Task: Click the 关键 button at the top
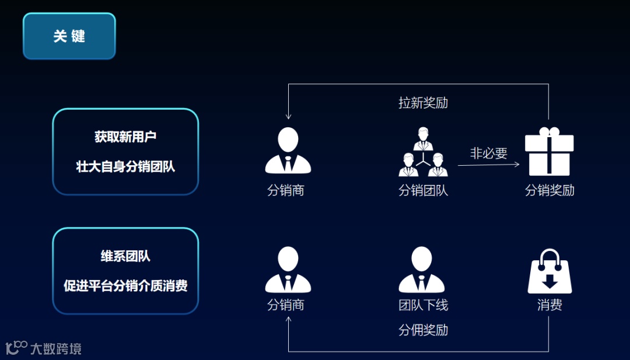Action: [69, 36]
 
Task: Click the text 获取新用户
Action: [125, 137]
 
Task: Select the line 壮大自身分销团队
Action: [125, 166]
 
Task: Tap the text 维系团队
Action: [125, 256]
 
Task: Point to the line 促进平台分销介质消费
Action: [125, 286]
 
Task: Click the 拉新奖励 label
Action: [423, 103]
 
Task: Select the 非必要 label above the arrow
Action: [489, 153]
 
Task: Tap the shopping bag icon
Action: [549, 272]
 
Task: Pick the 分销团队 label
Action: [423, 190]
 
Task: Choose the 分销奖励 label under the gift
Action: [549, 190]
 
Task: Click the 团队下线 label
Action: [423, 305]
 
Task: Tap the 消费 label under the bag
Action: [549, 305]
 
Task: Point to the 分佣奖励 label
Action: [423, 330]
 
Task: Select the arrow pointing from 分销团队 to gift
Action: [489, 165]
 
